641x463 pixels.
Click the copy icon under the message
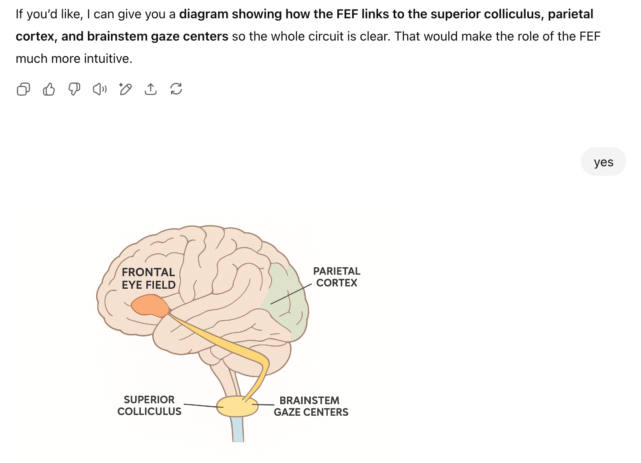pos(23,89)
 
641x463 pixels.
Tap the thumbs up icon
pos(49,89)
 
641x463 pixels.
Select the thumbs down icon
pos(74,89)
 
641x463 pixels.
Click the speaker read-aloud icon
pos(100,89)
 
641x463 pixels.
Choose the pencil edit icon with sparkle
pos(125,89)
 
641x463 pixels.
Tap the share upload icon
pos(151,89)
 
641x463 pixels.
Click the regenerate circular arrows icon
pos(176,89)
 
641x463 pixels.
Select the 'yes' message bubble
pos(603,162)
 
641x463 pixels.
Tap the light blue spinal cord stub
pos(238,430)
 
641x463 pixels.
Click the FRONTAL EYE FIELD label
pos(148,278)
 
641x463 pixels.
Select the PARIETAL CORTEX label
pos(336,277)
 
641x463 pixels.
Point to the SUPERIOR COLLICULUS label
pos(149,405)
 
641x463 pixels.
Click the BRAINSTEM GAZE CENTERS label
pos(311,406)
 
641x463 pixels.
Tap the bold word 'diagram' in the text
pos(203,14)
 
